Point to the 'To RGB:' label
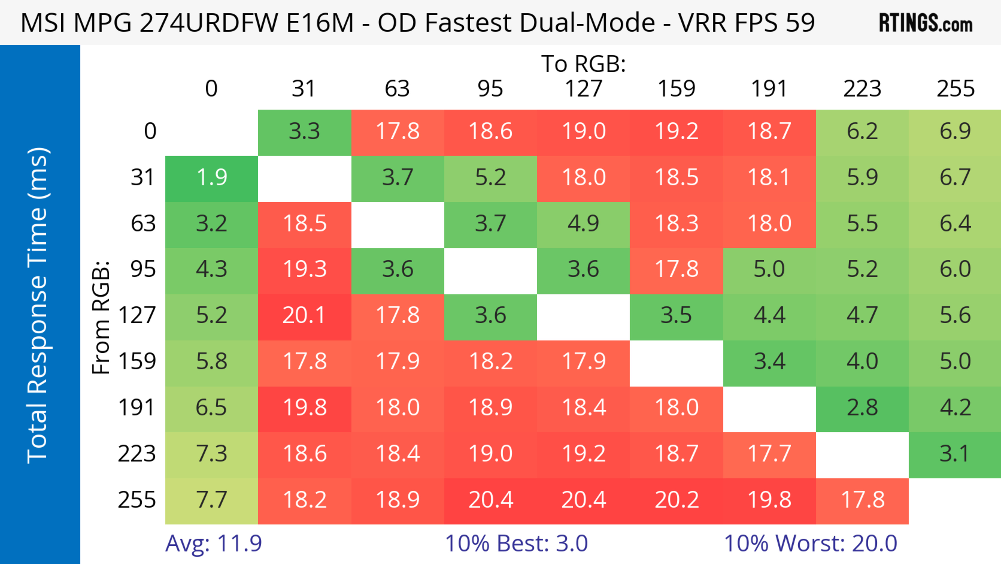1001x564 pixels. click(x=583, y=64)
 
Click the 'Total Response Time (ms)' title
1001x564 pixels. click(x=38, y=305)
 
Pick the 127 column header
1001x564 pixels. click(x=583, y=89)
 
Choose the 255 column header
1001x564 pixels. click(x=955, y=89)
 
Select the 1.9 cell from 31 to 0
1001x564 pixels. click(x=212, y=177)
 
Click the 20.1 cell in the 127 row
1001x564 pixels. click(x=304, y=315)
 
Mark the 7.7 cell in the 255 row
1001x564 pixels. click(x=212, y=500)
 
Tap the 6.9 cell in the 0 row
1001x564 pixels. click(x=955, y=131)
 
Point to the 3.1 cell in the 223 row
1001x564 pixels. click(x=955, y=454)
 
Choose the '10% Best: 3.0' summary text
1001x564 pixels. click(x=516, y=543)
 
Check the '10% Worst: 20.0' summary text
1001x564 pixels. click(x=811, y=543)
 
